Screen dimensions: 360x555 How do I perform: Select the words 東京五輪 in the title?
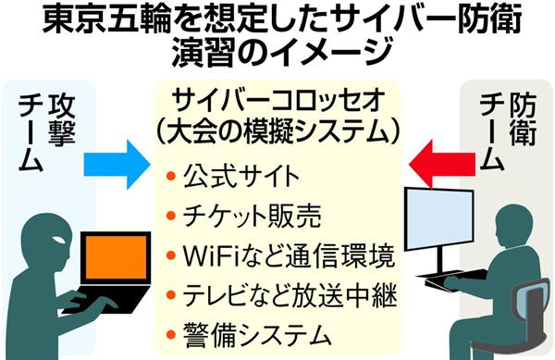[89, 20]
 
